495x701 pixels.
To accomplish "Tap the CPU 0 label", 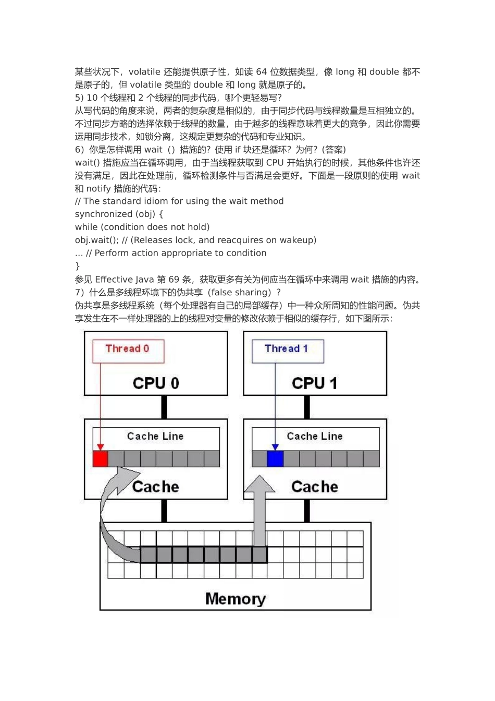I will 156,383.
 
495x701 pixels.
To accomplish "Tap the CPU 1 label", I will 315,383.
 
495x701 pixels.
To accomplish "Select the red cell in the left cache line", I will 100,459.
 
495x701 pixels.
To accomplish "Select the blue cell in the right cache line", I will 275,459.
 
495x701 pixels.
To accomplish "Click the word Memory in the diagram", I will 236,598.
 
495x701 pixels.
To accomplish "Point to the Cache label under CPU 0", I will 156,487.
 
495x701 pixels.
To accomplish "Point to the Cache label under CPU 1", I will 315,487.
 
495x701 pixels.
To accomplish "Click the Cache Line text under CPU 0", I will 155,436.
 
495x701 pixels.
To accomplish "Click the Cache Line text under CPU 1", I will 315,436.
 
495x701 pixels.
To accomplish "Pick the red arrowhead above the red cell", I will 101,447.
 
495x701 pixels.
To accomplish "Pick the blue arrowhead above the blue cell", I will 275,447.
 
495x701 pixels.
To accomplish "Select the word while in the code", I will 86,227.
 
